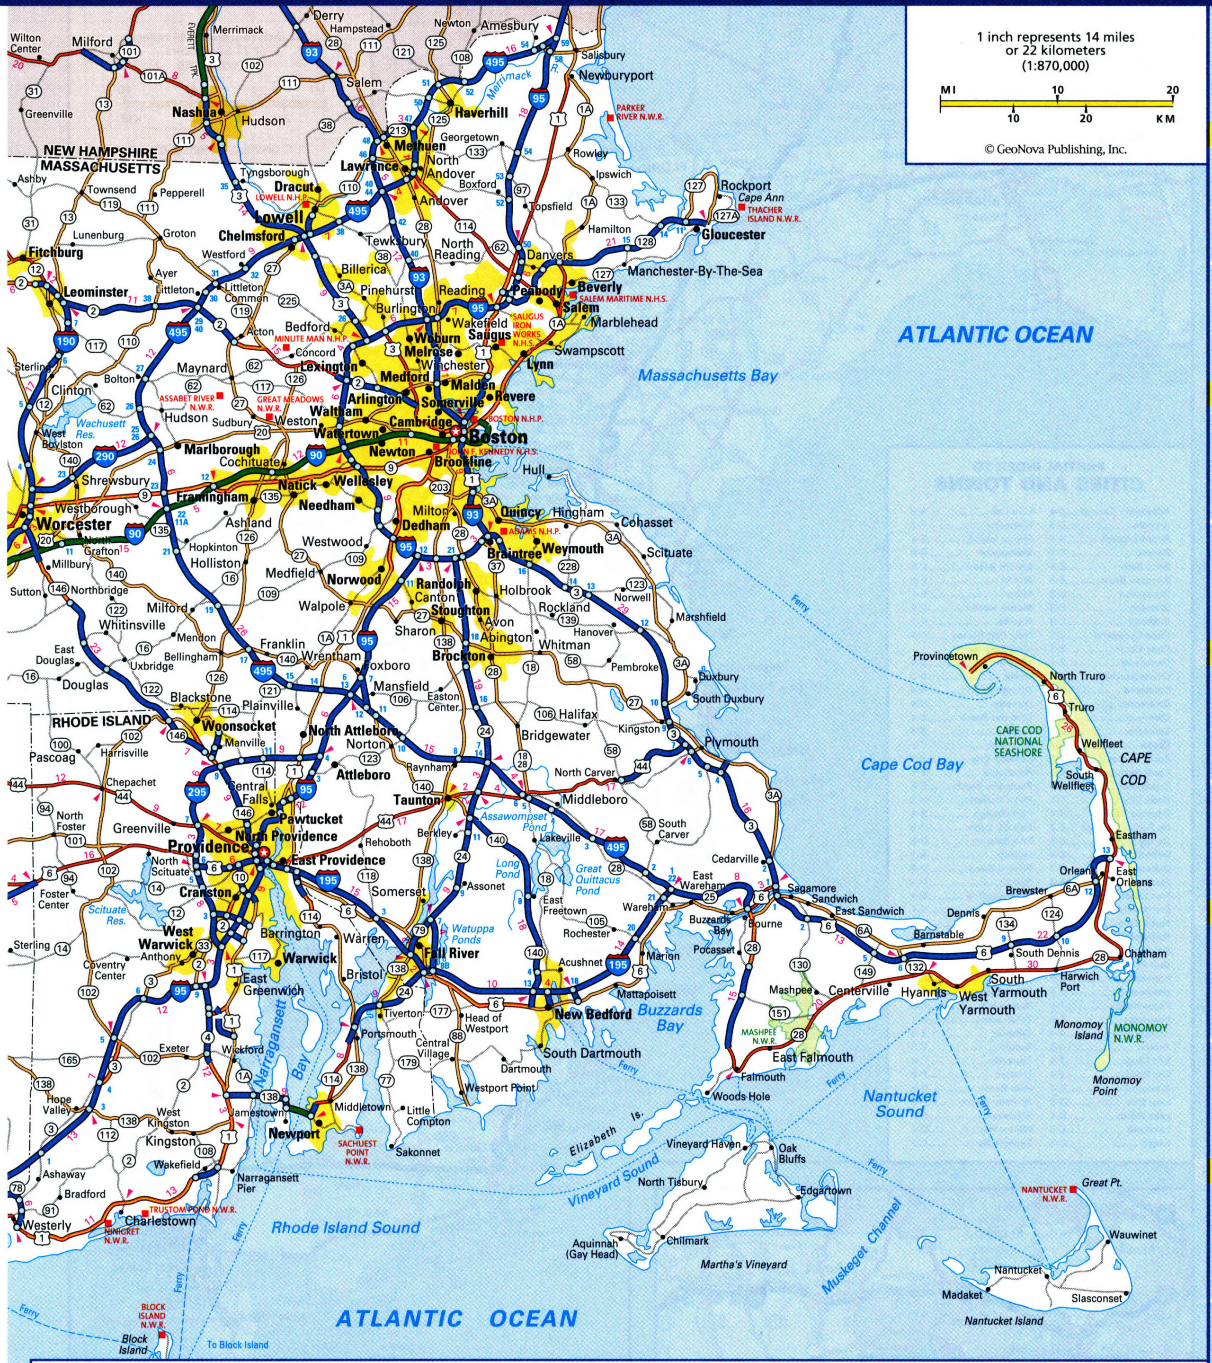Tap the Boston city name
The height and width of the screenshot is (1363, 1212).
(498, 437)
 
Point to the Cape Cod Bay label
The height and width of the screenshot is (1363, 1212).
(912, 764)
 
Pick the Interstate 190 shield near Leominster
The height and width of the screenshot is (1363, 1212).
(66, 341)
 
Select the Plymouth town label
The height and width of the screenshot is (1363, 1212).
(732, 742)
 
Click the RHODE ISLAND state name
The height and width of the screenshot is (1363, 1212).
(102, 721)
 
